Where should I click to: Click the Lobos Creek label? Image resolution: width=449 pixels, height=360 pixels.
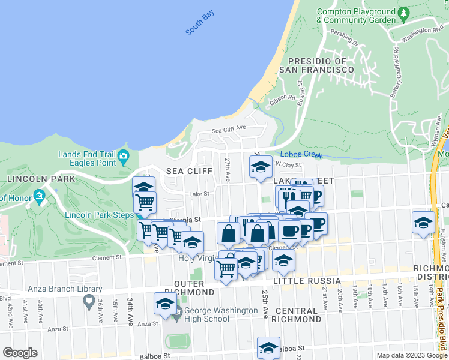pos(301,154)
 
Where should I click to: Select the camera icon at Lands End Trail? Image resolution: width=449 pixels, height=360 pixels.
pos(124,158)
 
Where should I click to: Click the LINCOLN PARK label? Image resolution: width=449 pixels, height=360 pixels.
pos(41,179)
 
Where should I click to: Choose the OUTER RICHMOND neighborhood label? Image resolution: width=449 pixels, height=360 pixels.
pos(194,287)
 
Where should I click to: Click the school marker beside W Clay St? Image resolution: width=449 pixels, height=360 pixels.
pos(261,167)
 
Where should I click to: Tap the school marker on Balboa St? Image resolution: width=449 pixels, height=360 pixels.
pos(268,347)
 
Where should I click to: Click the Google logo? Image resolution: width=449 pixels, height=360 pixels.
pos(20,353)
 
